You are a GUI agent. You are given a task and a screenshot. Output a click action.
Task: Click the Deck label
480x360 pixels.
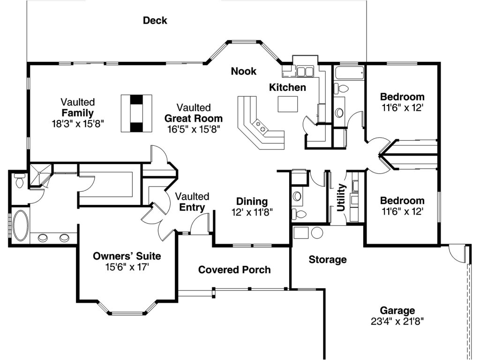pyautogui.click(x=155, y=21)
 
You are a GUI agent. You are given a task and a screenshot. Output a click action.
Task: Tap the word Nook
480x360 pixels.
pyautogui.click(x=243, y=71)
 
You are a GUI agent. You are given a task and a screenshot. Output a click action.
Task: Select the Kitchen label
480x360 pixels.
pyautogui.click(x=287, y=87)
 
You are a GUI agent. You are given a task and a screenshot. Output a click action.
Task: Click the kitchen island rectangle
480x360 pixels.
pyautogui.click(x=287, y=104)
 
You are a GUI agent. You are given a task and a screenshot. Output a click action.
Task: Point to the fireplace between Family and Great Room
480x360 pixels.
pyautogui.click(x=136, y=113)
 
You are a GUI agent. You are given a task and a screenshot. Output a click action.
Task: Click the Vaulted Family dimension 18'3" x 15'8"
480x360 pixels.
pyautogui.click(x=77, y=124)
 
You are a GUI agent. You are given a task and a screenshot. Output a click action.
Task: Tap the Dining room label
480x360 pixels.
pyautogui.click(x=252, y=202)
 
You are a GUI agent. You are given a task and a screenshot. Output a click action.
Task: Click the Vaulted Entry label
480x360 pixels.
pyautogui.click(x=192, y=202)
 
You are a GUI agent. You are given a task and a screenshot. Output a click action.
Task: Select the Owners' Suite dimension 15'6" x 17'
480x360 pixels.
pyautogui.click(x=127, y=267)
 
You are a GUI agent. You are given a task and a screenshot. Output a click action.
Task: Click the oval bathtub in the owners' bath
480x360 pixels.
pyautogui.click(x=20, y=225)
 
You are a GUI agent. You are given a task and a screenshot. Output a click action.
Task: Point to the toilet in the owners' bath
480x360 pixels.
pyautogui.click(x=19, y=180)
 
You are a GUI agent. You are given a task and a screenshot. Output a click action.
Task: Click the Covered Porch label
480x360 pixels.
pyautogui.click(x=234, y=270)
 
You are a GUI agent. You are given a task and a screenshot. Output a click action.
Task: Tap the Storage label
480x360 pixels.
pyautogui.click(x=327, y=260)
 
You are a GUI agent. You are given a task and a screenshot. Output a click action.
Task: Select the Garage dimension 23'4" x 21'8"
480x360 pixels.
pyautogui.click(x=397, y=321)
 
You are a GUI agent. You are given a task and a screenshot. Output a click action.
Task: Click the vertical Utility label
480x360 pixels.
pyautogui.click(x=341, y=197)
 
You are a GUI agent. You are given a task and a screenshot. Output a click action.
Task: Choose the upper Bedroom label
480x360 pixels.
pyautogui.click(x=402, y=97)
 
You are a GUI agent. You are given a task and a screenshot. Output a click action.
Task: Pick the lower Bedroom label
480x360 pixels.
pyautogui.click(x=402, y=201)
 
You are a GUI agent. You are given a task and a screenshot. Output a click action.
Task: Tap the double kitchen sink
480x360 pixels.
pyautogui.click(x=305, y=72)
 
